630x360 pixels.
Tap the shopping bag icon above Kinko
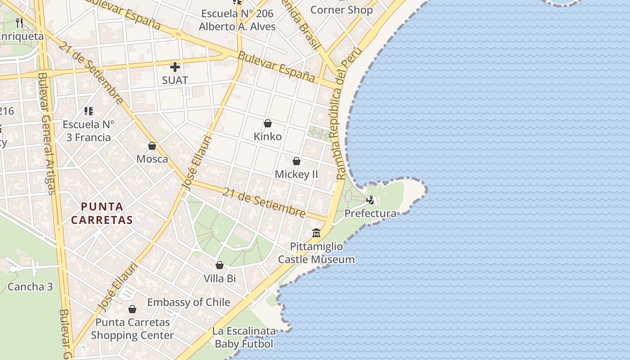click(268, 123)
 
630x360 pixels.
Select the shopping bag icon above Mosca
click(152, 146)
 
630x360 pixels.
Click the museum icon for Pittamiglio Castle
click(316, 233)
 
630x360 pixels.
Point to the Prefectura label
click(370, 213)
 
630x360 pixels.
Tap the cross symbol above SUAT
click(175, 67)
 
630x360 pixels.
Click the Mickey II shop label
click(297, 174)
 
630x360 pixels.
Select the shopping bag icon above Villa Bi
click(220, 265)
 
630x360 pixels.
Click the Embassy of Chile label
click(189, 302)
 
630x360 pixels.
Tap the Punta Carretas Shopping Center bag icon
click(132, 309)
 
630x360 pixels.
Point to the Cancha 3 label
click(30, 287)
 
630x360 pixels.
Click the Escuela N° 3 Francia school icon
click(88, 111)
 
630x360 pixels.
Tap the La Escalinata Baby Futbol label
click(244, 337)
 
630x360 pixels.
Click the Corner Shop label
click(342, 10)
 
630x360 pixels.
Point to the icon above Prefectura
click(370, 200)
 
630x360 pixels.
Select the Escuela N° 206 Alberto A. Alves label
click(237, 20)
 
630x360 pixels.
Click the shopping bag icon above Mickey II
click(297, 161)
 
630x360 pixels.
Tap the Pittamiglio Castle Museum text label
click(316, 253)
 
